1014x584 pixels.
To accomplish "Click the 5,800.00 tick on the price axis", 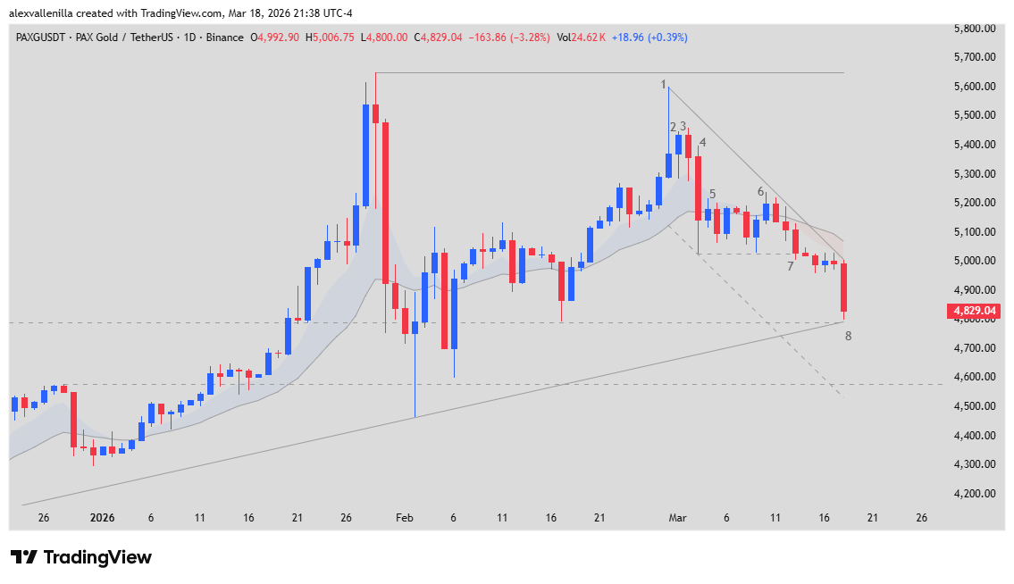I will click(x=976, y=29).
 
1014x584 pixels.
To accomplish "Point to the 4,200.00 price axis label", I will click(x=976, y=494).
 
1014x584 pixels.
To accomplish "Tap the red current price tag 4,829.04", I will click(x=973, y=312).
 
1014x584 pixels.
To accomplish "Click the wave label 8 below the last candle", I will click(x=848, y=336).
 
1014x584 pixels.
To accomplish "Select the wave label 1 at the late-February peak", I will click(x=664, y=85).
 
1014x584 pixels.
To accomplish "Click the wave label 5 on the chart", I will click(x=712, y=194).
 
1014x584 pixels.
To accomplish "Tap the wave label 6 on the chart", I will click(x=760, y=192).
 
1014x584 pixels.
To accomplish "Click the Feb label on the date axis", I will click(x=405, y=518).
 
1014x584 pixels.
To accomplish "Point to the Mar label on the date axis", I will click(x=678, y=518).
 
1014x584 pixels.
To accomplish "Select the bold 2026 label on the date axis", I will click(x=104, y=518).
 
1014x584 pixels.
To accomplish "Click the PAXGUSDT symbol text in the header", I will click(x=42, y=38).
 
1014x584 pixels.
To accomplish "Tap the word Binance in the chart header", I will click(x=226, y=38).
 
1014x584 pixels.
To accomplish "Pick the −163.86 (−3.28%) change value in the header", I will click(x=507, y=38).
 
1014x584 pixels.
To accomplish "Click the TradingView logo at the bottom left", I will click(x=81, y=557).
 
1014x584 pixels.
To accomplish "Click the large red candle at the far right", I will click(x=843, y=287).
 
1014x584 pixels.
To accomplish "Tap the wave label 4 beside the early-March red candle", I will click(x=703, y=142).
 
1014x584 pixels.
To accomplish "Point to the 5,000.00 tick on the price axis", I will click(x=976, y=261).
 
